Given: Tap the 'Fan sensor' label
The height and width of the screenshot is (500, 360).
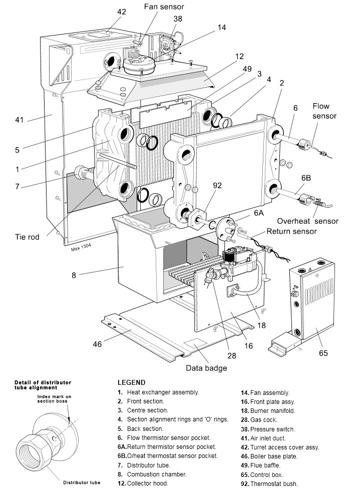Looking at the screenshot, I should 164,7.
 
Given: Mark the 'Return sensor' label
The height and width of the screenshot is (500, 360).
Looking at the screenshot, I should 291,231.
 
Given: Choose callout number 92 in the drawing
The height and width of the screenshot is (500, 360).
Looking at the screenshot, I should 217,186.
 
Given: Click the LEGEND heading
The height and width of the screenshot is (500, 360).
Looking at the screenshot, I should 131,382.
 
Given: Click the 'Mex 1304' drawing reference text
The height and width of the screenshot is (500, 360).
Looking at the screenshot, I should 81,246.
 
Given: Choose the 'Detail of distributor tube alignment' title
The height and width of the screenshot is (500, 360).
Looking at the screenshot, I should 43,385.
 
